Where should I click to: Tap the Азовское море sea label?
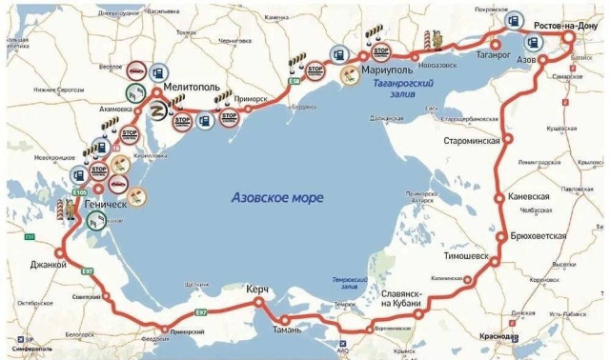coord(277,197)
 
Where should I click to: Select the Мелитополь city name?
coord(193,87)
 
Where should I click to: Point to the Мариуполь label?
coord(388,71)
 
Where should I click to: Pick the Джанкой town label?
coord(48,267)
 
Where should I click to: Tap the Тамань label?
coord(286,330)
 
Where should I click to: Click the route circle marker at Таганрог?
coord(496,44)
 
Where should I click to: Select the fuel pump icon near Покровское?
coord(489,19)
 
